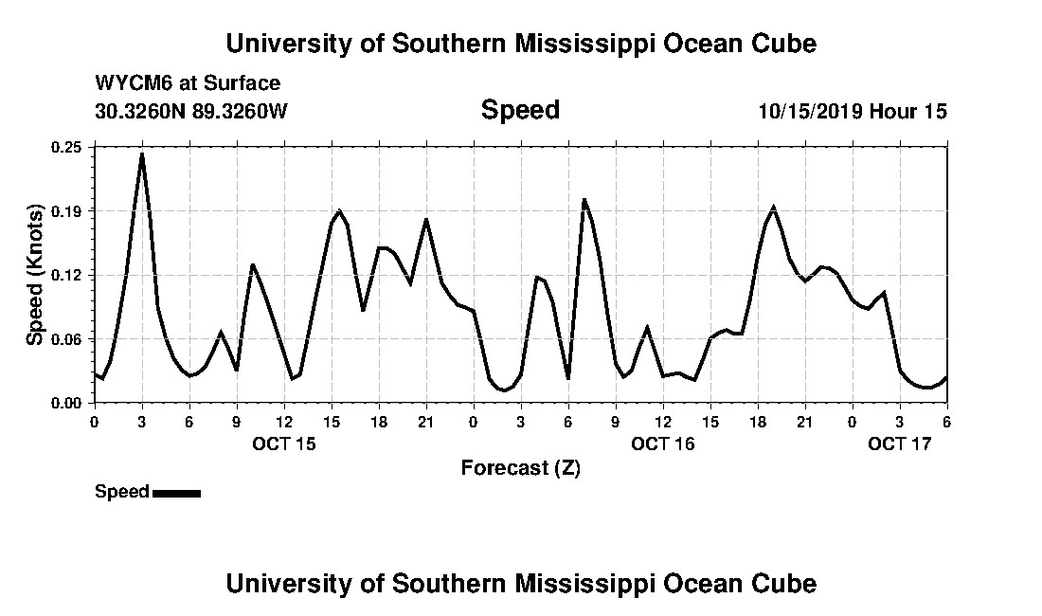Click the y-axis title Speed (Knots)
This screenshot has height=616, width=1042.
tap(34, 274)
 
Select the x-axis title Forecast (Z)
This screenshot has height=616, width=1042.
tap(520, 467)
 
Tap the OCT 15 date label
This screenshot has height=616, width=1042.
tap(284, 443)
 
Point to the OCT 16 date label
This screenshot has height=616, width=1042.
tap(663, 443)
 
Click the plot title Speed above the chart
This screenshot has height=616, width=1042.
tap(520, 110)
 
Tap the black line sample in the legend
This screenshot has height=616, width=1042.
tap(176, 493)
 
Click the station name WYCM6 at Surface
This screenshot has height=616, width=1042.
tap(188, 83)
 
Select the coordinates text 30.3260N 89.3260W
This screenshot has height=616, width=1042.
tap(191, 111)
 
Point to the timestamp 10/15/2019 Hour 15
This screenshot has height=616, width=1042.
tap(853, 111)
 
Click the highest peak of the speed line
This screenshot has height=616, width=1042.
tap(142, 154)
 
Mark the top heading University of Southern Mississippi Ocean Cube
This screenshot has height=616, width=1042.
tap(521, 44)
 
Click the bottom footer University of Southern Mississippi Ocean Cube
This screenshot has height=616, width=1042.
tap(521, 583)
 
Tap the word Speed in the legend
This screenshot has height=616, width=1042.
tap(122, 492)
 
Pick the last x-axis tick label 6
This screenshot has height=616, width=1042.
tap(946, 422)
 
